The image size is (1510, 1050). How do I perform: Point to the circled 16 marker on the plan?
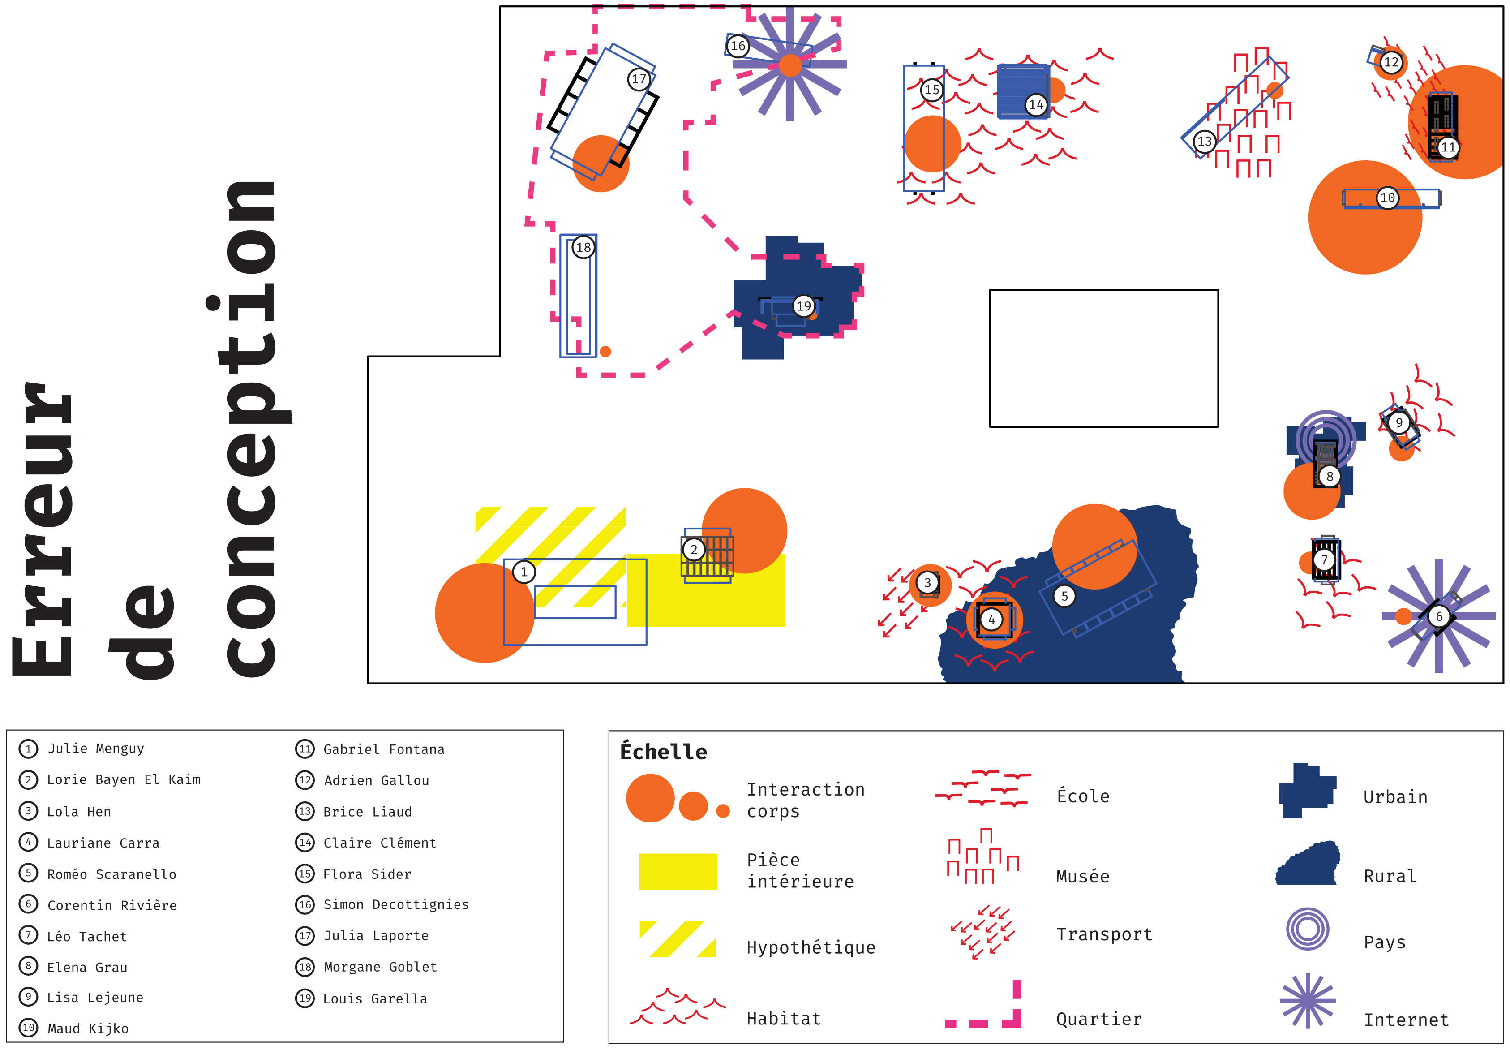(738, 46)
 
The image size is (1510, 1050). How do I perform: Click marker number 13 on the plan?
(1204, 142)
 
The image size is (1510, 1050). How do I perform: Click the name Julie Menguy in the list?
(95, 749)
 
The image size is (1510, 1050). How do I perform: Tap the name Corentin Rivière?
(112, 905)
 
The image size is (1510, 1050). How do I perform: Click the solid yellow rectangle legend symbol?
(678, 872)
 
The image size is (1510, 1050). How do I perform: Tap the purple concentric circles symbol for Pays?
(1308, 929)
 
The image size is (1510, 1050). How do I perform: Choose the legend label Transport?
(1104, 934)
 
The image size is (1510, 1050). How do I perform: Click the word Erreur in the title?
(43, 529)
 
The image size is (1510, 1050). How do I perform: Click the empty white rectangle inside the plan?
(1103, 358)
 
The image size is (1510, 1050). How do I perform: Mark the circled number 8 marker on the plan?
(1329, 476)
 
